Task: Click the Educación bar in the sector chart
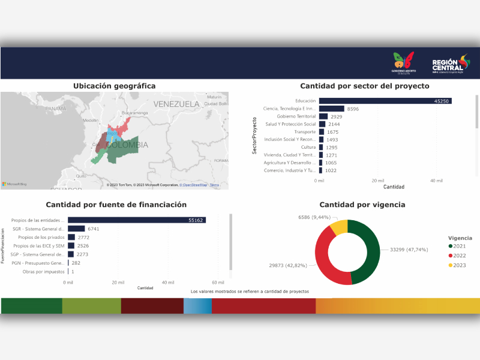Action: coord(384,101)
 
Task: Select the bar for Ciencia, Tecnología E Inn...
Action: coord(331,109)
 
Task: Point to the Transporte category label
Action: coord(305,131)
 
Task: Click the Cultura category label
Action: coord(308,147)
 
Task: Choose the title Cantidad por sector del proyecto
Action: coord(364,86)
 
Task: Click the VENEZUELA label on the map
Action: coord(176,104)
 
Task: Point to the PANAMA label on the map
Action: coord(55,109)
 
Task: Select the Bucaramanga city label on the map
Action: coord(134,112)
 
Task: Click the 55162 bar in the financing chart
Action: coord(137,220)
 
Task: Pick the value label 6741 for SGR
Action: coord(94,229)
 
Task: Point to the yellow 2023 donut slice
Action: coord(339,228)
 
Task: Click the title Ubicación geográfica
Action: coord(114,86)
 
